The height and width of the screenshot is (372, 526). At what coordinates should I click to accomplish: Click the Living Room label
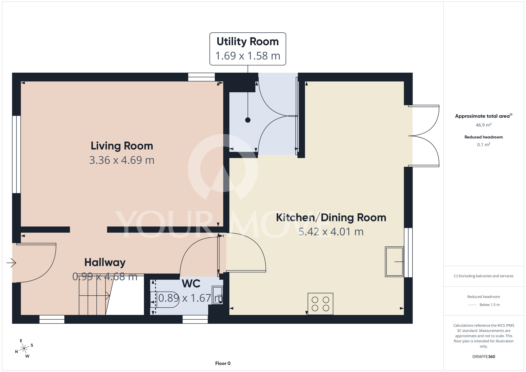[x=122, y=146]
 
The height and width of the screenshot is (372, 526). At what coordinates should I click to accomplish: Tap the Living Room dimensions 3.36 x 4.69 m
[x=122, y=160]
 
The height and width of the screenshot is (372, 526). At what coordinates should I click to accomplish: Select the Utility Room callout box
[x=248, y=49]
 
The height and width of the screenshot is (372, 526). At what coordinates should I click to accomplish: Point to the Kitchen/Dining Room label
[x=331, y=218]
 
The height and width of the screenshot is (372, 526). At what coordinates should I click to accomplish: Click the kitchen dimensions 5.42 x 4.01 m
[x=331, y=232]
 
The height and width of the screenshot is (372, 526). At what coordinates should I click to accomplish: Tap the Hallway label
[x=105, y=263]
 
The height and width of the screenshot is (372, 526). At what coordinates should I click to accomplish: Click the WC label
[x=191, y=284]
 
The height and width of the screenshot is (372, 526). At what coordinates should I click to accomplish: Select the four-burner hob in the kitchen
[x=320, y=304]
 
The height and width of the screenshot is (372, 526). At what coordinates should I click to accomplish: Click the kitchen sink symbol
[x=394, y=262]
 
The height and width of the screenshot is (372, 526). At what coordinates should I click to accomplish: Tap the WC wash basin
[x=218, y=295]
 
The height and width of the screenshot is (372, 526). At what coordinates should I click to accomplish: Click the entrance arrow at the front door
[x=11, y=263]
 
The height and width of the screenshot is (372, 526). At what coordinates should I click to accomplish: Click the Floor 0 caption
[x=223, y=363]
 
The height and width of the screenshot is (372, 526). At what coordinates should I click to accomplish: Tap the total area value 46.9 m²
[x=483, y=125]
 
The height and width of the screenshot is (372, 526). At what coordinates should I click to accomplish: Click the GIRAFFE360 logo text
[x=483, y=357]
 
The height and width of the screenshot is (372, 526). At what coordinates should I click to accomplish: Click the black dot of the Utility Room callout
[x=248, y=120]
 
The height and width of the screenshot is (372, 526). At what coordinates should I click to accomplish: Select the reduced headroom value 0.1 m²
[x=483, y=145]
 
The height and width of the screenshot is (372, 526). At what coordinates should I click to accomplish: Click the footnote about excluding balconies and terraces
[x=483, y=276]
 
